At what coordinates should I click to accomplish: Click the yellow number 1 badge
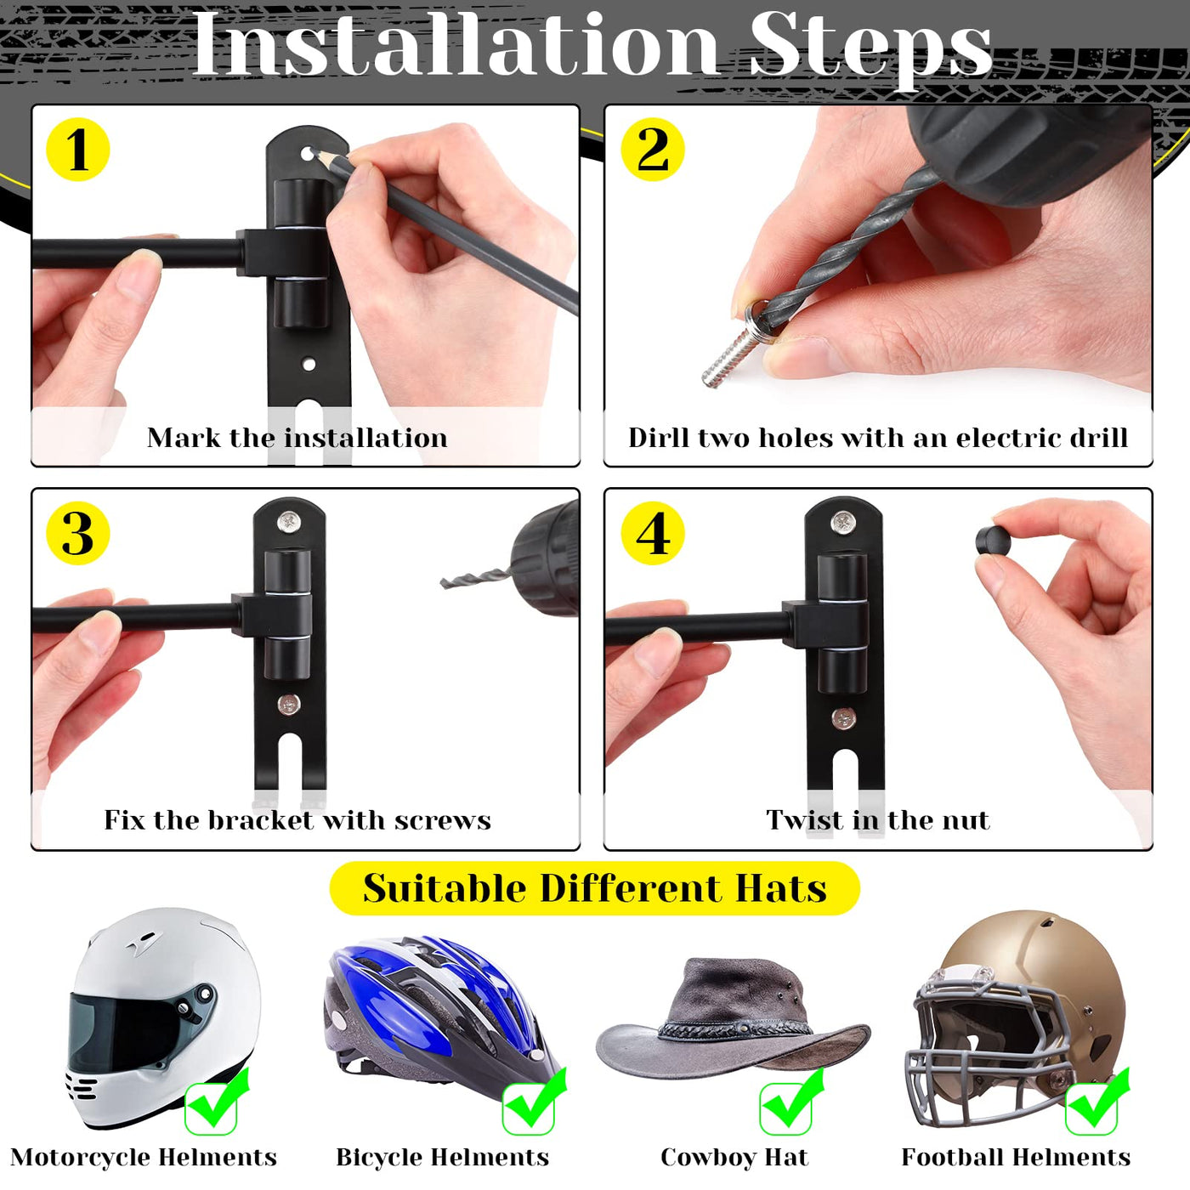point(78,150)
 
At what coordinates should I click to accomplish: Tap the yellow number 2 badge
point(653,150)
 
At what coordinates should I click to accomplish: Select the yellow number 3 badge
point(78,533)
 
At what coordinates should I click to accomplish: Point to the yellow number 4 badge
point(653,533)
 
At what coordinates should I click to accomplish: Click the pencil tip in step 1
point(313,150)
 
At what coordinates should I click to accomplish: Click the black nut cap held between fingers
point(994,541)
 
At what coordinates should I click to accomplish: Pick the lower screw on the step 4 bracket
point(843,718)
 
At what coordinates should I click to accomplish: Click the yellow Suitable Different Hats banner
point(595,888)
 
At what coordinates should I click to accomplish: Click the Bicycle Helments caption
point(442,1157)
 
